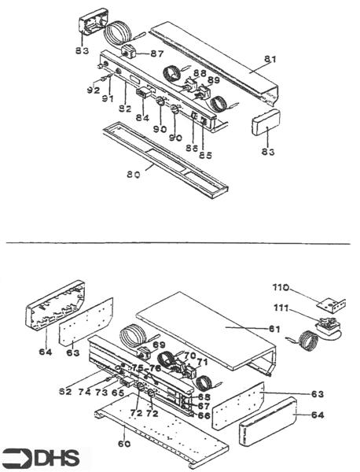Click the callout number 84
141,118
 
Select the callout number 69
160,345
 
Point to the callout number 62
65,391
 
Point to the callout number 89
213,81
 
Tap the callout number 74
85,391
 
